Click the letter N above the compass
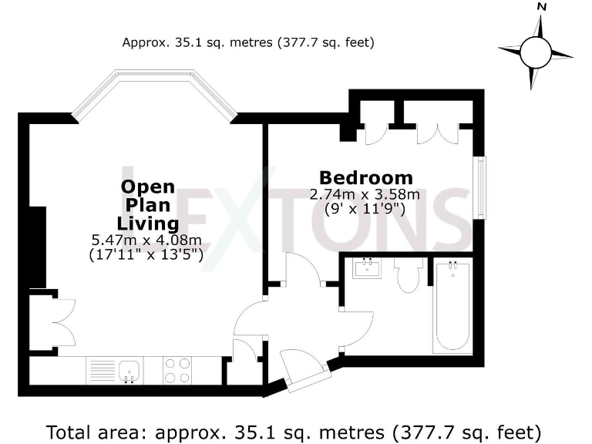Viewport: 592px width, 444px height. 542,7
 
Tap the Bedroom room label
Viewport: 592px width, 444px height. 366,177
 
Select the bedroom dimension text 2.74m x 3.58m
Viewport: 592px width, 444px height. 365,194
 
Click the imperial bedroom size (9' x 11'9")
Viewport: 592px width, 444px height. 365,210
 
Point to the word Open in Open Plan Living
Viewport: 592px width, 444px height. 148,187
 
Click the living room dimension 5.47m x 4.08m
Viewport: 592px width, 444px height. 146,240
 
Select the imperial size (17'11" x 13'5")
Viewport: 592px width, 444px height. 146,255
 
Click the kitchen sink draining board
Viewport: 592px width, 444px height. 101,369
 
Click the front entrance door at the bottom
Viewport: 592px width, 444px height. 300,369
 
